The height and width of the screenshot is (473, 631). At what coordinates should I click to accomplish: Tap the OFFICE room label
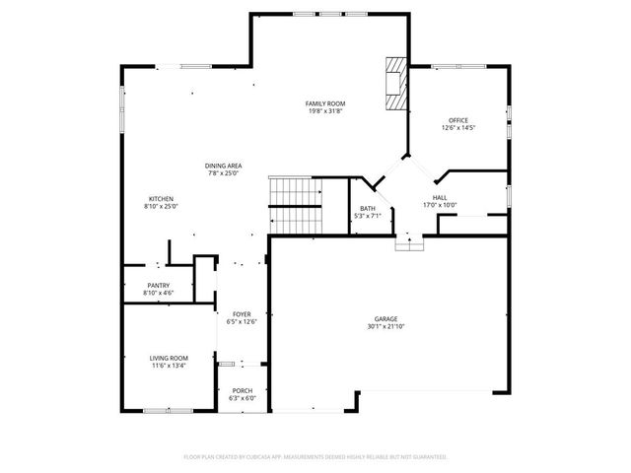click(458, 120)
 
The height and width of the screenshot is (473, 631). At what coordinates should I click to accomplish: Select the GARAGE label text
click(385, 319)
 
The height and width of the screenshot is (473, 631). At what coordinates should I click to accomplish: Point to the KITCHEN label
click(161, 199)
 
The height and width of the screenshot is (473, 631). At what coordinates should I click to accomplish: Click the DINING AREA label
click(224, 166)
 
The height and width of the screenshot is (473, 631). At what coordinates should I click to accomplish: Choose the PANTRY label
click(159, 286)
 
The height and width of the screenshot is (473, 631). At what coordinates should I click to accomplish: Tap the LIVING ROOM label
click(169, 358)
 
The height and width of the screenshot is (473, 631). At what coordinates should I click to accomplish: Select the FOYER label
click(242, 313)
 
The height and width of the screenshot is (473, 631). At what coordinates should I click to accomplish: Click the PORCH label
click(242, 391)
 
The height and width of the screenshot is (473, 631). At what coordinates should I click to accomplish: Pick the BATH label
click(367, 208)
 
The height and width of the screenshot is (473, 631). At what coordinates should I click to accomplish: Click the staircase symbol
click(296, 206)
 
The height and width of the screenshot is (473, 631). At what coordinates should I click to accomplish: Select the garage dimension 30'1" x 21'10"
click(385, 326)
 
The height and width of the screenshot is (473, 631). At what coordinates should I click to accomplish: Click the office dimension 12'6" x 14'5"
click(458, 127)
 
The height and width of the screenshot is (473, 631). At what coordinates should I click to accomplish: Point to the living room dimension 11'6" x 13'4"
click(169, 365)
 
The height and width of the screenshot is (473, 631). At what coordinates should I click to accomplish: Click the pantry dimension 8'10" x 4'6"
click(159, 293)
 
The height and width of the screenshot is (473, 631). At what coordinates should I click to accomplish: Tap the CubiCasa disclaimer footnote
click(315, 457)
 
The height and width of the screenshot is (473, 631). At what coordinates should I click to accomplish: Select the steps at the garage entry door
click(407, 242)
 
